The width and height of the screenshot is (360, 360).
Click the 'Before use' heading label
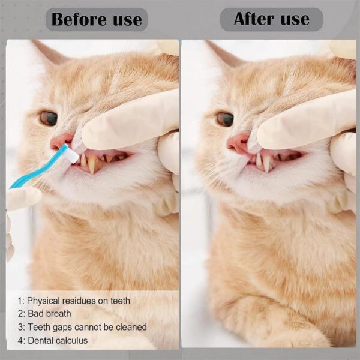coord(97,19)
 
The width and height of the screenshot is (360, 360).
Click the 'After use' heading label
coord(271,19)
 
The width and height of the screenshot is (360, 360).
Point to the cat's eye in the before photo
coord(49,118)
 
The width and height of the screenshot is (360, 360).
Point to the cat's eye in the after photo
coord(225,119)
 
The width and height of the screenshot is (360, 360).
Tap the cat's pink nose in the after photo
coord(236,143)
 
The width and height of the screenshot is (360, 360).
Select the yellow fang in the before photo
coord(91,164)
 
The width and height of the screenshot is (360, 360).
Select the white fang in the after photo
coord(266,163)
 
